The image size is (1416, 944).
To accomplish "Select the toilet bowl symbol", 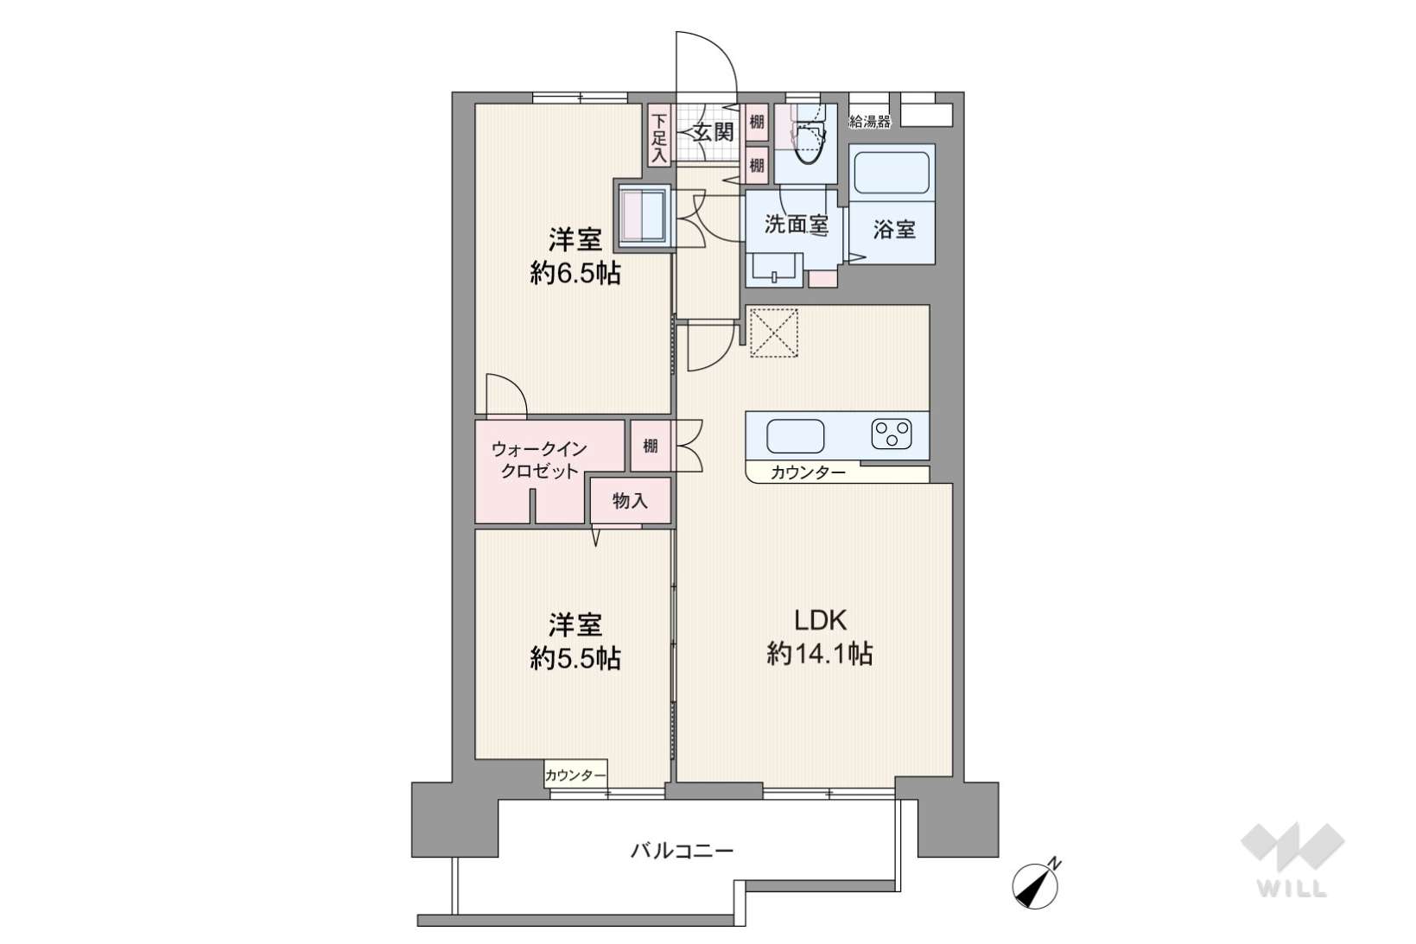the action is (x=810, y=140).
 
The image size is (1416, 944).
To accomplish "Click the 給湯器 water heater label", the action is (x=870, y=121).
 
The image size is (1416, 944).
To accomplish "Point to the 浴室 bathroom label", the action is (x=894, y=229).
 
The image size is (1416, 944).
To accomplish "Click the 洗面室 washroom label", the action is (x=797, y=224).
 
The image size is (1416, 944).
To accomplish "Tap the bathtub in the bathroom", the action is (x=892, y=173).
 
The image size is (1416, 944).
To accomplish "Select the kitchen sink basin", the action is (x=795, y=436).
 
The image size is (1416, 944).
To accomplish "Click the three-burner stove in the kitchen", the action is (x=892, y=434).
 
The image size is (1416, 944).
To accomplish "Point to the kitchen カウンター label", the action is (x=808, y=472).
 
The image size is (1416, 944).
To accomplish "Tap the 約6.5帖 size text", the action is (x=575, y=273).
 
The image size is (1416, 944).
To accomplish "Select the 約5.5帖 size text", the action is (x=575, y=658).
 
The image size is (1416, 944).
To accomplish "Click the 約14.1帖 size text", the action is (x=820, y=653).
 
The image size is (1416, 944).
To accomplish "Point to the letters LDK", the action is (x=820, y=620).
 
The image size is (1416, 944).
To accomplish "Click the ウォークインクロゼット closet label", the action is (x=539, y=460).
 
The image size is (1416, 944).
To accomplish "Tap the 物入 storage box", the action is (x=631, y=500).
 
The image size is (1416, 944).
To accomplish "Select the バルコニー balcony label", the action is (x=683, y=851).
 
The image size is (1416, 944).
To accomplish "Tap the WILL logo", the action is (x=1292, y=860).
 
